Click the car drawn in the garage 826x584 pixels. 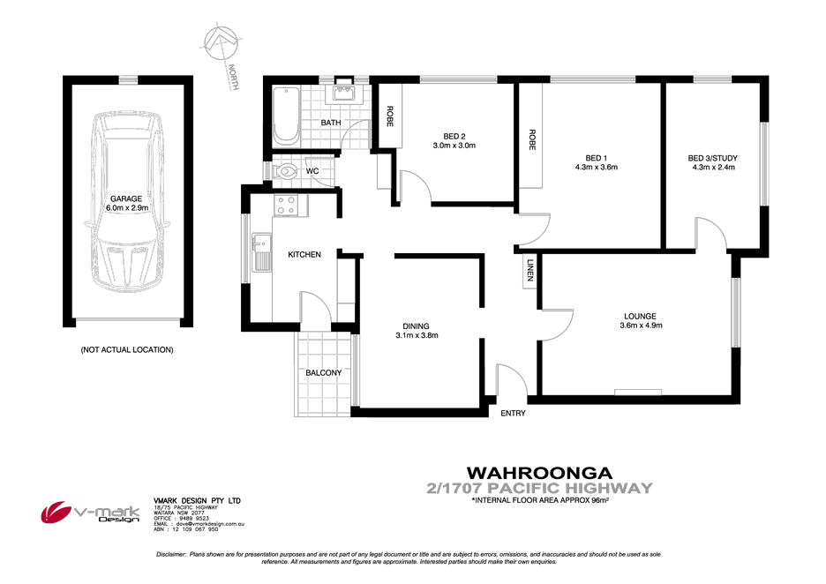tap(127, 211)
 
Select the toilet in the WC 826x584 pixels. tap(287, 169)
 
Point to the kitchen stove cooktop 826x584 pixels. tap(287, 206)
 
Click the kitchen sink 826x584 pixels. tap(261, 252)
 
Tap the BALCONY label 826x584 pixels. tap(324, 373)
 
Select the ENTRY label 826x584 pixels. tap(513, 414)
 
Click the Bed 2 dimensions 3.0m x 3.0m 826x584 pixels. tap(454, 146)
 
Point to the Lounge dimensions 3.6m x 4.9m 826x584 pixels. tap(639, 326)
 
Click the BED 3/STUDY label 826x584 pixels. tap(712, 159)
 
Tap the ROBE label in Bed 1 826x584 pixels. tap(532, 140)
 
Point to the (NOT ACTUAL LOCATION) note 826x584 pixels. tap(126, 350)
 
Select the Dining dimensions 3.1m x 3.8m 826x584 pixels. tap(417, 335)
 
